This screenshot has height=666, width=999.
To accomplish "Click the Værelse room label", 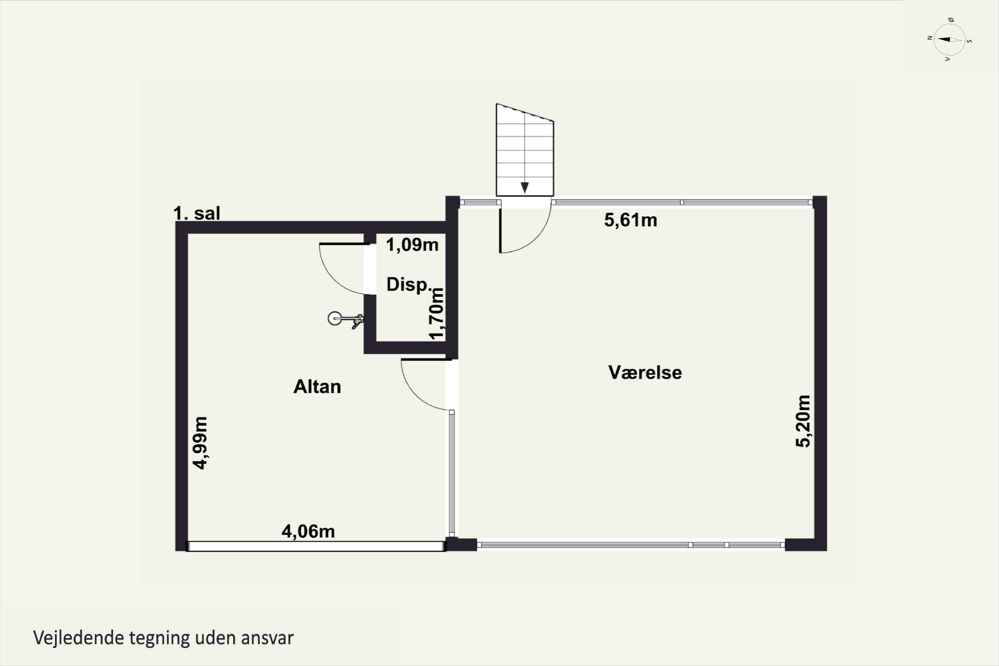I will pos(645,373).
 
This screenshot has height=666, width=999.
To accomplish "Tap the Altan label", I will pos(317,387).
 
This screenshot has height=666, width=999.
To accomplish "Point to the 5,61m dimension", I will pos(630,220).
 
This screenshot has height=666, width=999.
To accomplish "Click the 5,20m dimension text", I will pos(803,421).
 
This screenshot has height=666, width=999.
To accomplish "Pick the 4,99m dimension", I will pos(199,443).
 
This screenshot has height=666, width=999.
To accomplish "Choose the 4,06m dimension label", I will pos(308,531).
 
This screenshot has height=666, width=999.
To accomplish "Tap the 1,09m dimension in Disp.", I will pos(412,245).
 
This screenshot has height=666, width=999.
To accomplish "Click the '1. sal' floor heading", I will pos(197,213).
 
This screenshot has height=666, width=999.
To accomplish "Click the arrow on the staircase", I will pos(524,187).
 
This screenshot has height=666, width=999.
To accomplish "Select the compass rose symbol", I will pos(950,40).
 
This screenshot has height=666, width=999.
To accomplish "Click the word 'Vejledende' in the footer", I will pos(78,638).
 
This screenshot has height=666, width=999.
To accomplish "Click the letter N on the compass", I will pos(930,38).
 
